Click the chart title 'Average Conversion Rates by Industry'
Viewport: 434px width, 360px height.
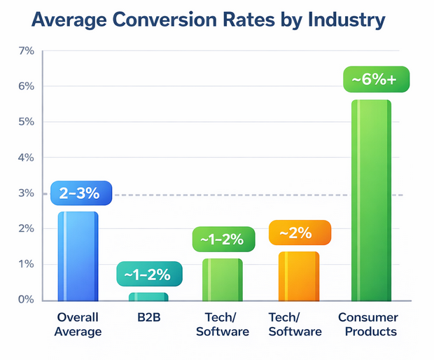(x=199, y=20)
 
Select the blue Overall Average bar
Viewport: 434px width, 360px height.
(x=78, y=256)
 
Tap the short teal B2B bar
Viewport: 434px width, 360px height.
(x=148, y=297)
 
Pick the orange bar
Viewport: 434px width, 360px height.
(x=298, y=277)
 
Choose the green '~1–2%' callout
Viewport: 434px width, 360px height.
(x=222, y=240)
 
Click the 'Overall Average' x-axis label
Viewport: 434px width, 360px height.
(x=78, y=324)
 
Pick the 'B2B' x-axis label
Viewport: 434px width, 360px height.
(x=149, y=317)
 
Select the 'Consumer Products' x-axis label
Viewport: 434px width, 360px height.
(x=367, y=324)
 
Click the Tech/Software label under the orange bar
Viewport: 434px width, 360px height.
(x=295, y=324)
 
